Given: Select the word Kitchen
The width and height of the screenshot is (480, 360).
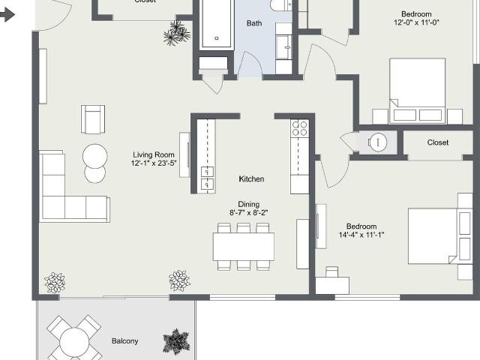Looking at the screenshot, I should [251, 179].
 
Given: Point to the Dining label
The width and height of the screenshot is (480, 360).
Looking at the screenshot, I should [248, 204].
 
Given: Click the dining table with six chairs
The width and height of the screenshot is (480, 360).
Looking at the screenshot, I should [244, 246].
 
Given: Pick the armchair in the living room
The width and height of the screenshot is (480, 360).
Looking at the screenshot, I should [93, 118].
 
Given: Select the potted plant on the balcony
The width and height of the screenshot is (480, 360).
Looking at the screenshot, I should [177, 342].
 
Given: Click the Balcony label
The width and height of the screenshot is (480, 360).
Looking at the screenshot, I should [125, 341].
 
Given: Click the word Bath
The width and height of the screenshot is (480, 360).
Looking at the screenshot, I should [254, 23].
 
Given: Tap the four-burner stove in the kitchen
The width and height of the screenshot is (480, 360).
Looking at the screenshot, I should [299, 127].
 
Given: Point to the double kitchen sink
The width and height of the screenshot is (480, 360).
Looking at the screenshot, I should [206, 176].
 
